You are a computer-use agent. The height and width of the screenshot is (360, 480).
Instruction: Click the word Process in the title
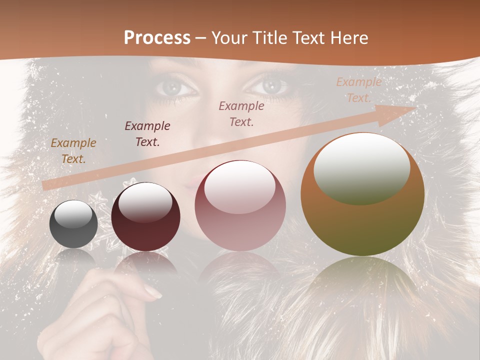coord(157,38)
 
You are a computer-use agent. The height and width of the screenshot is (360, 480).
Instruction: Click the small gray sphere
coord(73,224)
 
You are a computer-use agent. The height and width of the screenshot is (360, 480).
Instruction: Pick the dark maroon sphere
coord(145,217)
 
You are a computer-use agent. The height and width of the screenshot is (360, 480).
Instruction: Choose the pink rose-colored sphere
coord(240,206)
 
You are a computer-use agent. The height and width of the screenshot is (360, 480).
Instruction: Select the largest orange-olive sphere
coord(362,195)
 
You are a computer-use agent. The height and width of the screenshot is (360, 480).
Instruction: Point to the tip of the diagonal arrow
coord(415,107)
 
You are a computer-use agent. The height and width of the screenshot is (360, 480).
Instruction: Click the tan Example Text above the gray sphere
coord(73,151)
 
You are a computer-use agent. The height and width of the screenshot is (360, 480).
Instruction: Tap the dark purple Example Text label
coord(147,133)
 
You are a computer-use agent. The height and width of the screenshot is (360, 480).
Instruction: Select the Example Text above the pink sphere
coord(241,113)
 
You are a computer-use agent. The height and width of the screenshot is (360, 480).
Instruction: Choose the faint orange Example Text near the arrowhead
coord(358,89)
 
